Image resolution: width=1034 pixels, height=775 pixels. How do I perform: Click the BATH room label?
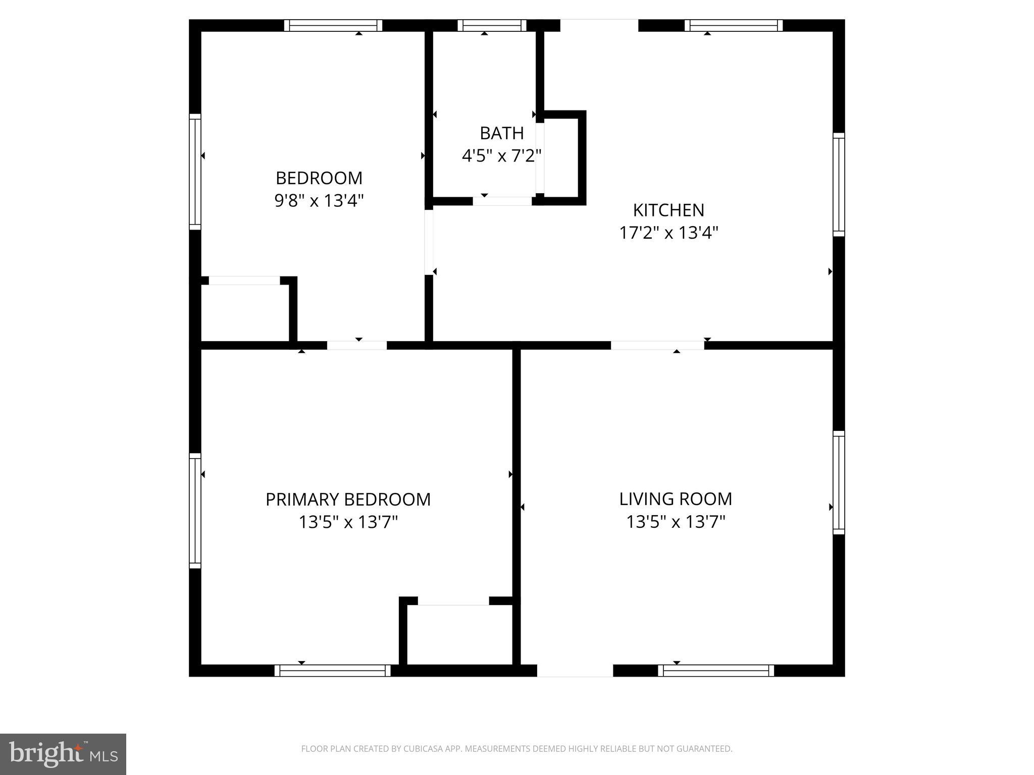click(x=501, y=133)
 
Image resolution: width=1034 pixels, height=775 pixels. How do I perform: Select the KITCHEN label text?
click(x=668, y=210)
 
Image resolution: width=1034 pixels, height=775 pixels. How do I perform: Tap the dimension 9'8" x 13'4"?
click(x=319, y=201)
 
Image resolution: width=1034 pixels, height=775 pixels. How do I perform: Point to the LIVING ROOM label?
click(x=676, y=499)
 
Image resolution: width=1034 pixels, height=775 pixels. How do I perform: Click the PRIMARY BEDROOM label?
click(x=348, y=500)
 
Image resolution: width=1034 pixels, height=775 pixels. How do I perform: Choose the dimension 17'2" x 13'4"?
click(x=668, y=233)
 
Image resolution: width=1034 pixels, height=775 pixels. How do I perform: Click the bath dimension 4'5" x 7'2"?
click(x=501, y=156)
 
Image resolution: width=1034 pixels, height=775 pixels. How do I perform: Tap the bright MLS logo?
click(x=63, y=754)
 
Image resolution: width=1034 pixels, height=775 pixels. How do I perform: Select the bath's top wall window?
click(x=492, y=25)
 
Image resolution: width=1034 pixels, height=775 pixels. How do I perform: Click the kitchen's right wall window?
click(x=838, y=184)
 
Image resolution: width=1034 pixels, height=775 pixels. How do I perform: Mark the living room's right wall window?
click(x=838, y=482)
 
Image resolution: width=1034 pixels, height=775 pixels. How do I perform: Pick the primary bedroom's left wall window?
click(x=195, y=511)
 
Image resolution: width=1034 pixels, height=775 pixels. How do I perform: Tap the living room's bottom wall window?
click(x=715, y=671)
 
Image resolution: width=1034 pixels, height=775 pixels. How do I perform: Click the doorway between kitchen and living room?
click(x=657, y=346)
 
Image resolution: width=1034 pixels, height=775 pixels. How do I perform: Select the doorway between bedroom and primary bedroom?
click(x=357, y=346)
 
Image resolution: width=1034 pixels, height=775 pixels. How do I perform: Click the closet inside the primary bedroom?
click(x=459, y=636)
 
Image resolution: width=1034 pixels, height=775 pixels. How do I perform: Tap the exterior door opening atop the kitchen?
click(x=599, y=25)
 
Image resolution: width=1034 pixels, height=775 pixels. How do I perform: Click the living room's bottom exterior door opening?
click(x=575, y=671)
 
